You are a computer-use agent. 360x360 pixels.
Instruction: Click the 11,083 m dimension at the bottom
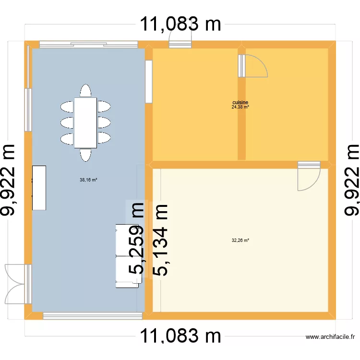click(180, 336)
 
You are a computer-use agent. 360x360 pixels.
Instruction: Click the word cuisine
click(240, 103)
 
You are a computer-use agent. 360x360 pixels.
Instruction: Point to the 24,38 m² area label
click(240, 108)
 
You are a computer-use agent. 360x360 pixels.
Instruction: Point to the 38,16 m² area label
click(88, 180)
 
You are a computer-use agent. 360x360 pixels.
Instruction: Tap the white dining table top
click(86, 123)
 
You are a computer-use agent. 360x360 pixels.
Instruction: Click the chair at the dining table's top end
click(86, 91)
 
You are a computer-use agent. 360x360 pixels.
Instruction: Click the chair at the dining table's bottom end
click(86, 155)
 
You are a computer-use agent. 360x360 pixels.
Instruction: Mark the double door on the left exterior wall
click(15, 284)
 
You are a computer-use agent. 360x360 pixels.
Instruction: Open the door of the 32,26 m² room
click(308, 175)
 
